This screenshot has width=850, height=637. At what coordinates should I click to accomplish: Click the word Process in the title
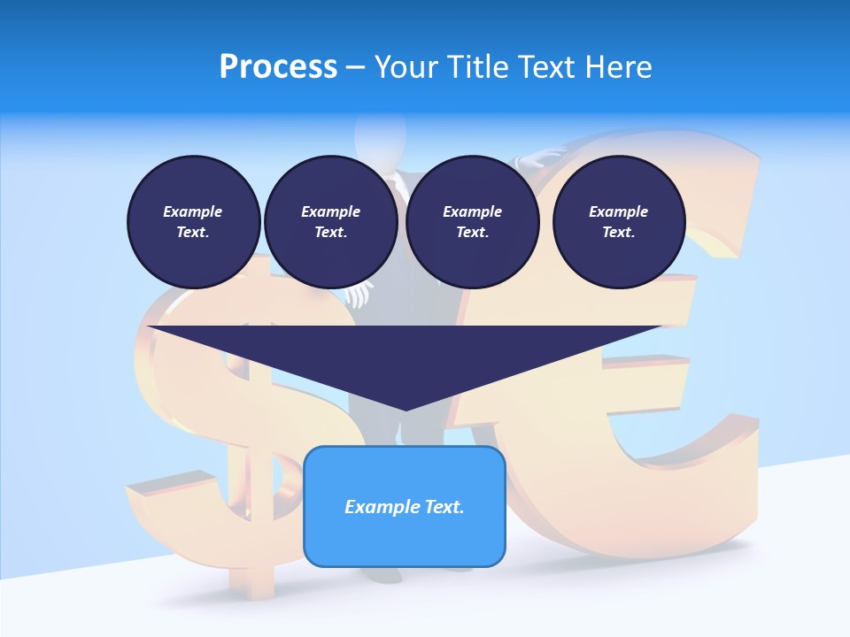coord(278,67)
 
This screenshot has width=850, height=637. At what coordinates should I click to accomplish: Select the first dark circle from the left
coord(193,222)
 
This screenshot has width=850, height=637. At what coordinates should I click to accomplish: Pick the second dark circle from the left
coord(331,222)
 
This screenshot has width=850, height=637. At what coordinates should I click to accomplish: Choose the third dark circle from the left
coord(472,222)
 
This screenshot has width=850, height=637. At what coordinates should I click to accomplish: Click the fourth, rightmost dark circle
coord(619,222)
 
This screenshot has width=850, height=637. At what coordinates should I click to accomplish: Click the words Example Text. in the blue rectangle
coord(405,507)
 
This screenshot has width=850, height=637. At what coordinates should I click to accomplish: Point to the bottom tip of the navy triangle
coord(406,409)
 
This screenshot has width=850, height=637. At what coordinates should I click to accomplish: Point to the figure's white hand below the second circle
coord(358,295)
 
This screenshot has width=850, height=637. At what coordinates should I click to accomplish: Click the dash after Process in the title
coord(356,67)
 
